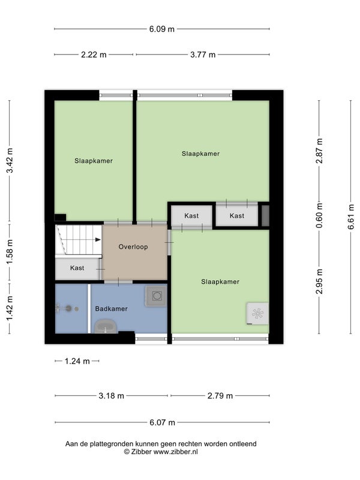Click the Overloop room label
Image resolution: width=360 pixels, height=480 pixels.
pyautogui.click(x=133, y=247)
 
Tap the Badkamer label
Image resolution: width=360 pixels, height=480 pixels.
pyautogui.click(x=112, y=308)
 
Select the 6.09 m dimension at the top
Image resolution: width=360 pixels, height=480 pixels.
pyautogui.click(x=161, y=29)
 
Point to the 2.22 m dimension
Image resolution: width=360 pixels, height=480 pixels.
pyautogui.click(x=94, y=55)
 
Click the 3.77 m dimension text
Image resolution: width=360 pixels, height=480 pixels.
pyautogui.click(x=203, y=55)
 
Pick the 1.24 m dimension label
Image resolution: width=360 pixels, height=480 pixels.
pyautogui.click(x=77, y=361)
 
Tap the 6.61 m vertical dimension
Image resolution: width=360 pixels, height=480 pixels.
pyautogui.click(x=351, y=217)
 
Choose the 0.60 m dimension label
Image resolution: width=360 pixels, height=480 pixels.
pyautogui.click(x=319, y=215)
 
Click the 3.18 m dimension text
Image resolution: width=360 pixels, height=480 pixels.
pyautogui.click(x=112, y=396)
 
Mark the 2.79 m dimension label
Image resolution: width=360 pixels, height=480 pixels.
pyautogui.click(x=220, y=396)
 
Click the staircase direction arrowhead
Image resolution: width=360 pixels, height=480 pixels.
pyautogui.click(x=98, y=239)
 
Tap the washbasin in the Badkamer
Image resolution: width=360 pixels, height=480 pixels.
pyautogui.click(x=106, y=326)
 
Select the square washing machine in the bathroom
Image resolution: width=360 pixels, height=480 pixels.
pyautogui.click(x=157, y=296)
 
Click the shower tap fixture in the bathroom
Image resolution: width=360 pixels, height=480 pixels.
pyautogui.click(x=67, y=308)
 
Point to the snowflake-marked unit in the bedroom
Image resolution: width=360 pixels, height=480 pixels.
pyautogui.click(x=258, y=313)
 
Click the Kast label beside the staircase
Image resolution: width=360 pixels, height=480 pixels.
pyautogui.click(x=77, y=268)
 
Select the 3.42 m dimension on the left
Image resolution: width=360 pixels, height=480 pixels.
pyautogui.click(x=10, y=160)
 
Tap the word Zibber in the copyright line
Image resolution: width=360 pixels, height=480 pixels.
pyautogui.click(x=142, y=452)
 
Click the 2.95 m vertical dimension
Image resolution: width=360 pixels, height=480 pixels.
pyautogui.click(x=319, y=281)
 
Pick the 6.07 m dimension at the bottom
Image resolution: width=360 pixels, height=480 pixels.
pyautogui.click(x=162, y=423)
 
